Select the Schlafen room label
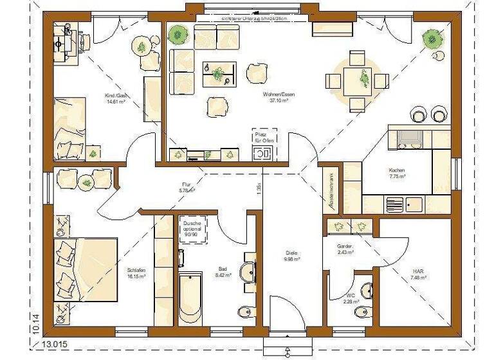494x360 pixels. point(136,272)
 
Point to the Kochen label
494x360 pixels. point(396,172)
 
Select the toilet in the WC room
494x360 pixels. point(367,290)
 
